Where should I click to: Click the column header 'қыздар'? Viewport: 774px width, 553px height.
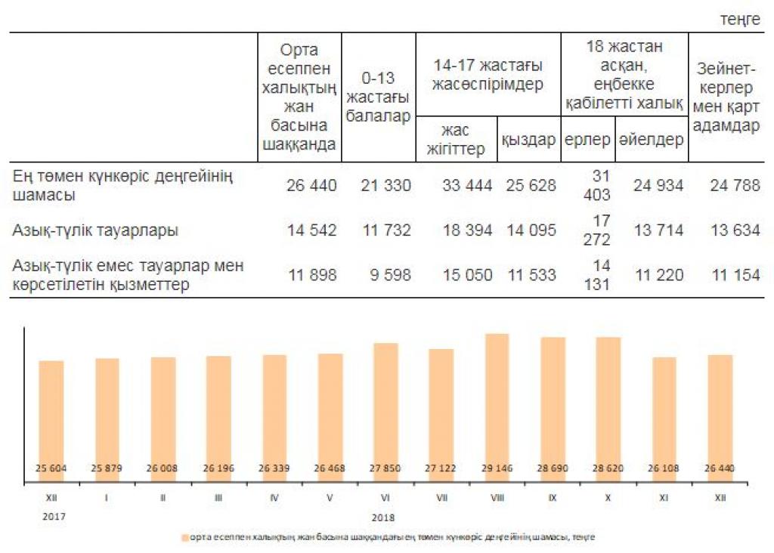pyautogui.click(x=528, y=140)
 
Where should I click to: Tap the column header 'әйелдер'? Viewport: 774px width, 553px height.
pyautogui.click(x=651, y=140)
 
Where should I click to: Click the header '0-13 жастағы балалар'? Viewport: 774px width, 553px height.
pyautogui.click(x=378, y=97)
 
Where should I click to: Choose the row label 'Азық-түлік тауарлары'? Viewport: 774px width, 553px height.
pyautogui.click(x=95, y=230)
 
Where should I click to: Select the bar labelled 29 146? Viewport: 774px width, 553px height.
pyautogui.click(x=497, y=408)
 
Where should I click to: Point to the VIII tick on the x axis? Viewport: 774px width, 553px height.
pyautogui.click(x=497, y=497)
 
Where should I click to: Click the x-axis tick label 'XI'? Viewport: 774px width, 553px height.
pyautogui.click(x=664, y=497)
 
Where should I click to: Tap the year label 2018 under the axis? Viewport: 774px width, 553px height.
pyautogui.click(x=385, y=517)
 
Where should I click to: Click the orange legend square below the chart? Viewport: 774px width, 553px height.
pyautogui.click(x=185, y=538)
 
